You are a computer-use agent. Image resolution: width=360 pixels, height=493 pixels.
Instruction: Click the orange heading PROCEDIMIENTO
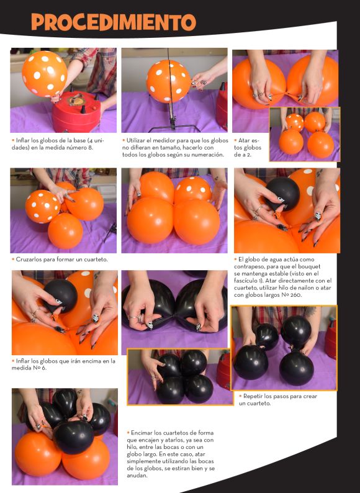point(113,22)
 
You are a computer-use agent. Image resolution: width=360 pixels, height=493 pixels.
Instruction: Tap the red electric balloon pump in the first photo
point(76,112)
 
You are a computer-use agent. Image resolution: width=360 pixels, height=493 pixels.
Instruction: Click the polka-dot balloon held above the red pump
point(44,73)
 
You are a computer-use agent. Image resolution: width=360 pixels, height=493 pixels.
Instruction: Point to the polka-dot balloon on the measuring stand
point(168,81)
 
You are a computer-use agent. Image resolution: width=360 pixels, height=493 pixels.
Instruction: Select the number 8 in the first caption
point(90,148)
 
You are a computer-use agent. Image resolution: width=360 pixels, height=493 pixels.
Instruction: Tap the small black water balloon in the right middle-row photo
point(282,193)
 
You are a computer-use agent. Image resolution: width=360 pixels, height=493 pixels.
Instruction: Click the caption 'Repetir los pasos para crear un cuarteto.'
point(278,400)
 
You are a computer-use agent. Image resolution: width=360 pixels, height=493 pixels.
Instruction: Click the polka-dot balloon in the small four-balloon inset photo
point(295,122)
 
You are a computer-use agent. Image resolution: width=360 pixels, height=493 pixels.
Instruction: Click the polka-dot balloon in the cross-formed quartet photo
point(42,207)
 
